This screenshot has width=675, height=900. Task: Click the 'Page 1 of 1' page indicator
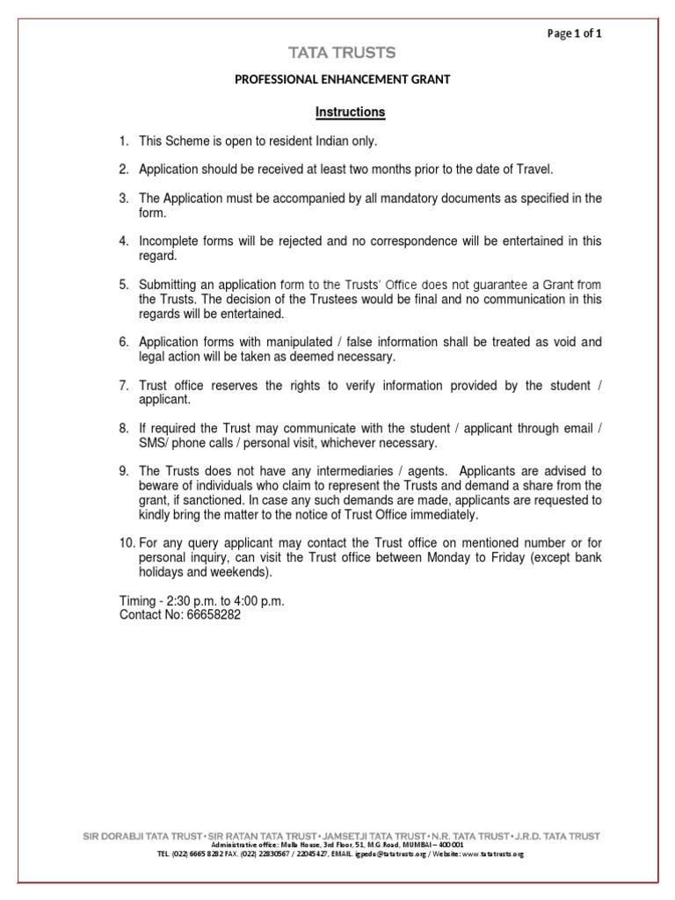tap(574, 33)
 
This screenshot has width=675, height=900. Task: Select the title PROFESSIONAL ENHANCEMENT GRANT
tap(342, 80)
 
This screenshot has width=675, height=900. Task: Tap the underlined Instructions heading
tap(350, 112)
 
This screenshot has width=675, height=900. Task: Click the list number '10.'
tap(127, 543)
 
